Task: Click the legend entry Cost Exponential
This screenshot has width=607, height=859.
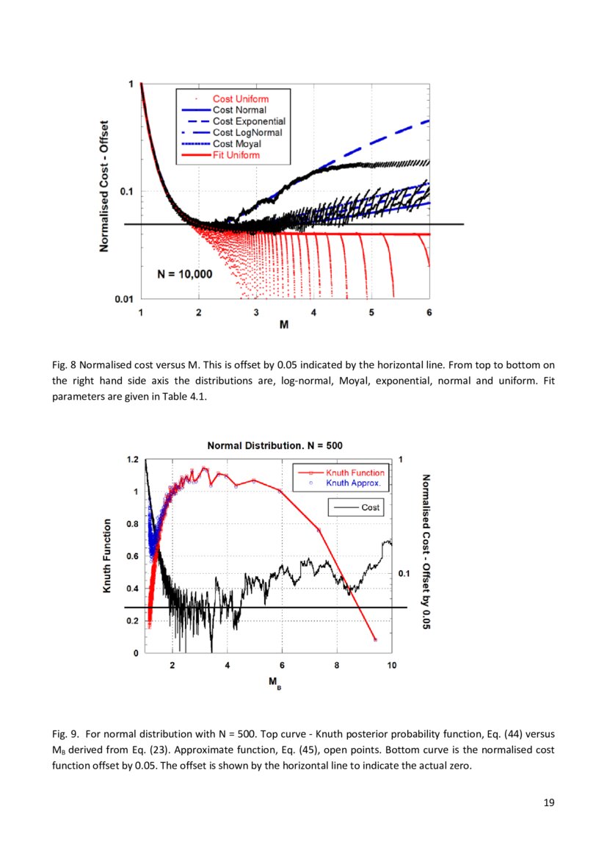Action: point(249,121)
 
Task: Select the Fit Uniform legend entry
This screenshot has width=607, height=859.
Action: point(236,155)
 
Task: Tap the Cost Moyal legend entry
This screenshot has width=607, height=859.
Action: point(236,144)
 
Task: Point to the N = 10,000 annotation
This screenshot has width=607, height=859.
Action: point(185,274)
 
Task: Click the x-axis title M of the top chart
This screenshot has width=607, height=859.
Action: point(283,326)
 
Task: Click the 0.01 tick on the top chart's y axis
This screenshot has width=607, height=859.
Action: point(123,298)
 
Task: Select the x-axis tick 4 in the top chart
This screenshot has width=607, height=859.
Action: point(313,312)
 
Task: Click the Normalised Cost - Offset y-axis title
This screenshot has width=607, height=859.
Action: point(106,187)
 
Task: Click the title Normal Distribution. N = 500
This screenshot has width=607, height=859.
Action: point(275,445)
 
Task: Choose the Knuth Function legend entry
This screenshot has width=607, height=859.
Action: point(355,473)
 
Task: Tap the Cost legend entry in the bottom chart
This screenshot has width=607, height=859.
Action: point(370,507)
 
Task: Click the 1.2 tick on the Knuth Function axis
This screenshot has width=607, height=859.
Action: point(131,459)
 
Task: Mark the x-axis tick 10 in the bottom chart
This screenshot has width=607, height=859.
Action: point(391,666)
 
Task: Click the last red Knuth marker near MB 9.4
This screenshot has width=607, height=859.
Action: point(375,640)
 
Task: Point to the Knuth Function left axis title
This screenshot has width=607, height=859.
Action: point(107,556)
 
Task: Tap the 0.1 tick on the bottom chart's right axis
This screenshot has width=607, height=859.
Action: point(403,572)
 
